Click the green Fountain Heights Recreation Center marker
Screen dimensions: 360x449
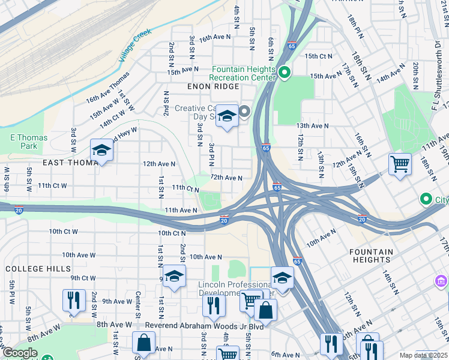coord(284,73)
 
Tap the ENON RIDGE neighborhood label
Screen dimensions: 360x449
coord(213,86)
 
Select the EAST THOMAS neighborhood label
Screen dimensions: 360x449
coord(67,163)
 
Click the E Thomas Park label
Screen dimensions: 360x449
coord(28,142)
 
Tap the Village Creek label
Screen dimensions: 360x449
coord(135,46)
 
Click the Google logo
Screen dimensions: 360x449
coord(19,353)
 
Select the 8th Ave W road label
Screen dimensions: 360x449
coord(115,325)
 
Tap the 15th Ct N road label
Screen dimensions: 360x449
coord(318,56)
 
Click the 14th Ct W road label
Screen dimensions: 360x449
coord(113,115)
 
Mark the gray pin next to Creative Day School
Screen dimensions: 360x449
coord(245,112)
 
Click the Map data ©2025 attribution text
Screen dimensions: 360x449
coord(423,355)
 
